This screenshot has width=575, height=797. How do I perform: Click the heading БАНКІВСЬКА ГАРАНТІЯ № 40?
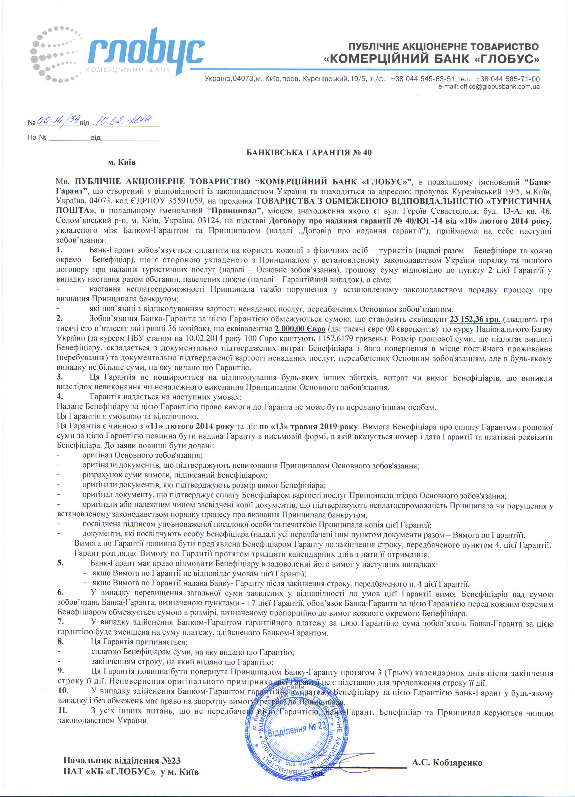pos(309,153)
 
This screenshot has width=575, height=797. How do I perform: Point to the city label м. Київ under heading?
pos(122,162)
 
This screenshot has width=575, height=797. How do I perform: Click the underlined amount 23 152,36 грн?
pos(475,319)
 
